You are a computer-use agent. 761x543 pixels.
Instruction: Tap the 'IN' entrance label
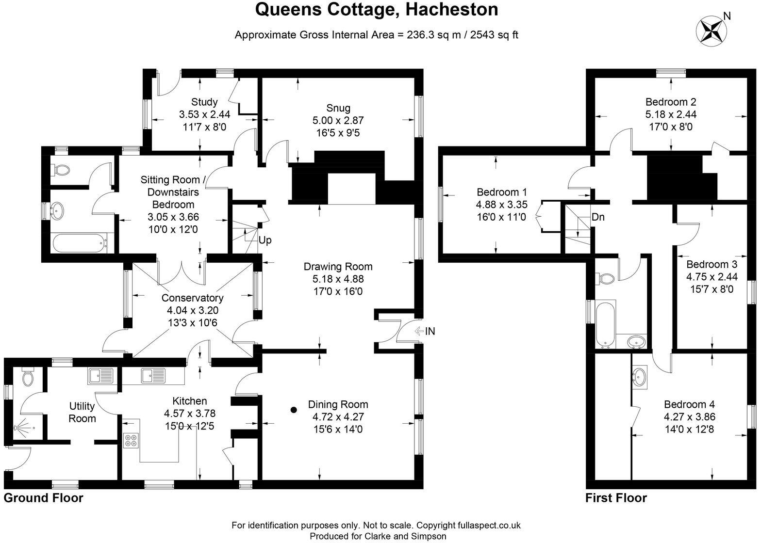pos(430,332)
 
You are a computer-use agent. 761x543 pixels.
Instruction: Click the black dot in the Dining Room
pos(293,410)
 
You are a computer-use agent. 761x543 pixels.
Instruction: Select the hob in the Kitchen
pos(131,440)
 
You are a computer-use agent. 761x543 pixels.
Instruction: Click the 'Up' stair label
pos(265,240)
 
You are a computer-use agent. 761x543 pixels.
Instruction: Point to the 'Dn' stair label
pos(598,217)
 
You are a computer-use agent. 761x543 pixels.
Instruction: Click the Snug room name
pos(338,108)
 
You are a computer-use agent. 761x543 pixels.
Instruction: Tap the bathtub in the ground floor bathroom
pos(79,242)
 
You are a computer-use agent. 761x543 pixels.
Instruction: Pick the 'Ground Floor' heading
pos(44,498)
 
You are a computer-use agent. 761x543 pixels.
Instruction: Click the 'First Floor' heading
pos(616,498)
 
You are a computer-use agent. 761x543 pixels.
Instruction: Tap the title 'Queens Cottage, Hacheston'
pos(376,10)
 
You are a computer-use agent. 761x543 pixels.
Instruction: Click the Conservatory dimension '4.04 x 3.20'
pos(192,309)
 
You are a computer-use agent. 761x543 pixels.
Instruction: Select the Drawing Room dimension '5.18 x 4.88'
pos(338,279)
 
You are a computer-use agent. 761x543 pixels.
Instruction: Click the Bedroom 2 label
pos(671,102)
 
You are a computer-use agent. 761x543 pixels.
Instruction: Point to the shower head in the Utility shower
pos(19,428)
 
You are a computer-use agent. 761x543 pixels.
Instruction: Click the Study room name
pos(204,102)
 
